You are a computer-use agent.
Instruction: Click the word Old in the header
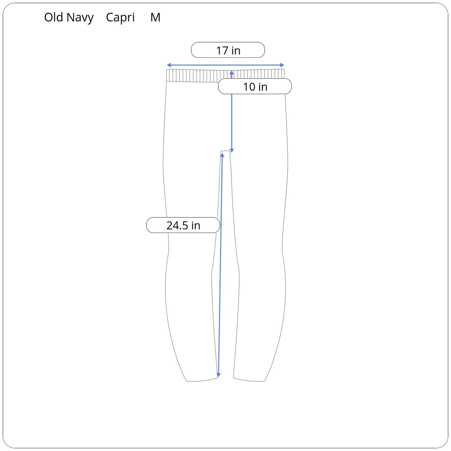coord(54,17)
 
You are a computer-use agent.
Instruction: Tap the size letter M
coord(155,17)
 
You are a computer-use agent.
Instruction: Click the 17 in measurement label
coord(228,50)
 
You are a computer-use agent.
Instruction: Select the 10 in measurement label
coord(255,86)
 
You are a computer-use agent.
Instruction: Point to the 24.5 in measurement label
coord(183,225)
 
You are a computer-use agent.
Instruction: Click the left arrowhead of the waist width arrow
coord(169,65)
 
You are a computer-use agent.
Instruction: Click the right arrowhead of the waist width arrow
coord(282,65)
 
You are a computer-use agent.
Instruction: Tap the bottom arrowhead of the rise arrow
coord(232,150)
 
